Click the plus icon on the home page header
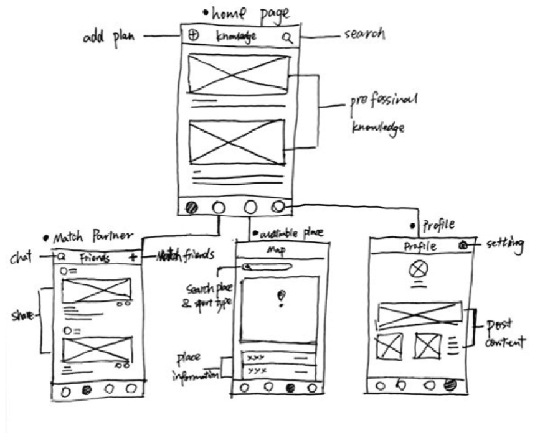tap(192, 36)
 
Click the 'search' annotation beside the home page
tap(364, 34)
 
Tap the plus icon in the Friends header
tap(132, 256)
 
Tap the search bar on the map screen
tap(268, 268)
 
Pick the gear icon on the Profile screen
tap(463, 246)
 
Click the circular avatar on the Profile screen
tap(417, 269)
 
